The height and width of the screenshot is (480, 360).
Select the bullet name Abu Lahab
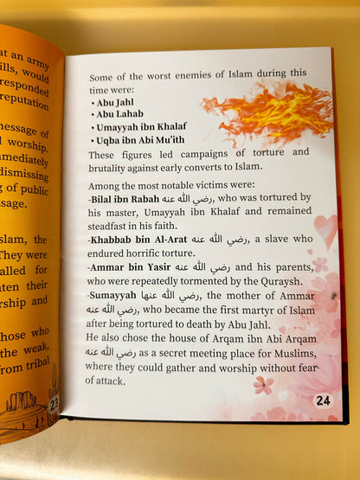(119, 112)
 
